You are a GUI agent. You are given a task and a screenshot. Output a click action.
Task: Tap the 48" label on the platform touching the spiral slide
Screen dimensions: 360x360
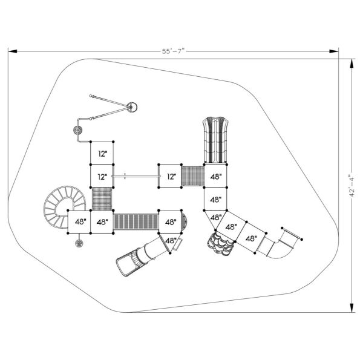pos(79,221)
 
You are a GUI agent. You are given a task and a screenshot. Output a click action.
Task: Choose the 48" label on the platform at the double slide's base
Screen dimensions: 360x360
pos(215,177)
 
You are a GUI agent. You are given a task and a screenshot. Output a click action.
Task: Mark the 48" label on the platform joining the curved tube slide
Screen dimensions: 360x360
pos(250,238)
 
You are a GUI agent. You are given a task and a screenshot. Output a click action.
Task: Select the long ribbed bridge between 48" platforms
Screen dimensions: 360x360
pos(136,221)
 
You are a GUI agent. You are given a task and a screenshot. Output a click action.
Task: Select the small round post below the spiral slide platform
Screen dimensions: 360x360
pos(79,243)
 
